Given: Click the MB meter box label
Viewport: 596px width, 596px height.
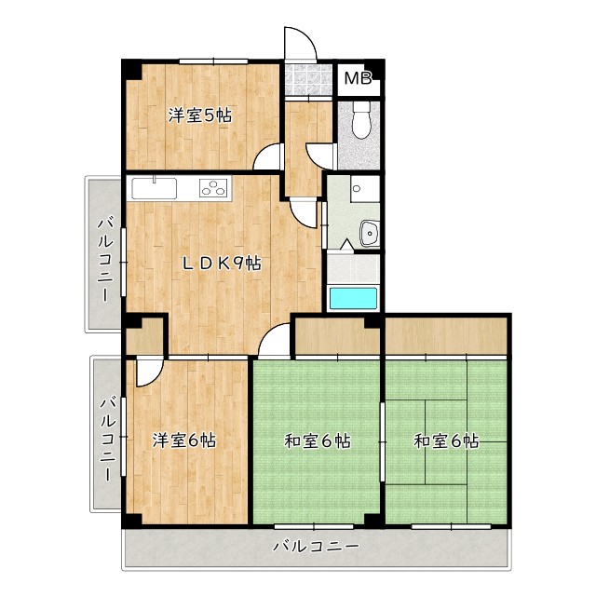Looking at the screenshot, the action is click(x=358, y=78).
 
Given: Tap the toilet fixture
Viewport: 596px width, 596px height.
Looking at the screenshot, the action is click(x=361, y=120).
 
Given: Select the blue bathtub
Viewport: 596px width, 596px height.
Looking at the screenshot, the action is click(x=353, y=298).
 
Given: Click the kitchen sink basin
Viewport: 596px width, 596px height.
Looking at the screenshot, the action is click(x=155, y=188).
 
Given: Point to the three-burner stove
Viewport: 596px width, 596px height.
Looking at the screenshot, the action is click(x=213, y=188).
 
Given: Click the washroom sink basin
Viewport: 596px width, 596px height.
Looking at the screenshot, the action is click(x=369, y=233).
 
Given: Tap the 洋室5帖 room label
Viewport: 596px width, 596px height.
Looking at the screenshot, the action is click(x=200, y=115).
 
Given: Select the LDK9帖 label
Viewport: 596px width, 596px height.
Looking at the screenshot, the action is click(x=222, y=263).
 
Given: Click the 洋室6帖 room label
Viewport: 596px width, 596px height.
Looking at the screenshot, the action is click(x=184, y=440).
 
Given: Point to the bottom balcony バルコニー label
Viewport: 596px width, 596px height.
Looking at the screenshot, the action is click(x=317, y=547).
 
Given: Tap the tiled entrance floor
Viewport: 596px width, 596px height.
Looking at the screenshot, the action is click(x=308, y=79).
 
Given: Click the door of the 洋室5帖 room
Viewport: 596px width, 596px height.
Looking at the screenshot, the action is click(x=268, y=156).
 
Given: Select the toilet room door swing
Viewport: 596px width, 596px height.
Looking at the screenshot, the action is click(x=320, y=156).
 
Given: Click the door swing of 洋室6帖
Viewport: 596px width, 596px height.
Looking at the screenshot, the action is click(x=149, y=372).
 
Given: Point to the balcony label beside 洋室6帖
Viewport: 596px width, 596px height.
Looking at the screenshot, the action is click(x=107, y=439).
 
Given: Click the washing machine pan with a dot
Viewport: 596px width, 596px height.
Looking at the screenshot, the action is click(x=365, y=188).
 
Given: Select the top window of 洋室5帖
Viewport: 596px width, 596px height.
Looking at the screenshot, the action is click(x=213, y=61).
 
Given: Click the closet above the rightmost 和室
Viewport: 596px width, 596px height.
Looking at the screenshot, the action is click(x=446, y=336).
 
